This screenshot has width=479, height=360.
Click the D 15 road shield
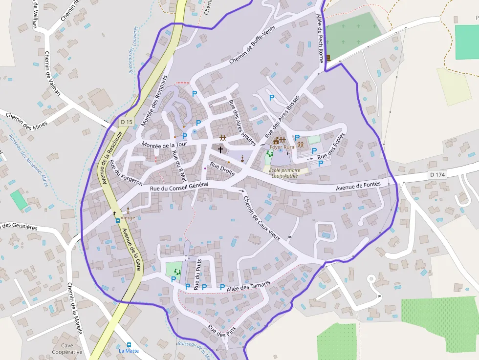pyautogui.click(x=126, y=122)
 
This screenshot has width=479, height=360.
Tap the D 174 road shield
pyautogui.click(x=438, y=174)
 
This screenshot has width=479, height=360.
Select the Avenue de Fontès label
pyautogui.click(x=358, y=187)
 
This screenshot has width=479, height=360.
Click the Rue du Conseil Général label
pyautogui.click(x=179, y=186)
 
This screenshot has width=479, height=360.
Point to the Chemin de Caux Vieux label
pyautogui.click(x=261, y=217)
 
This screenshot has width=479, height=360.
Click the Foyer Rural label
pyautogui.click(x=283, y=147)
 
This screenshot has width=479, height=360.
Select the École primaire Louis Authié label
pyautogui.click(x=285, y=173)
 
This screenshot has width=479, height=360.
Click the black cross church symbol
pyautogui.click(x=220, y=149)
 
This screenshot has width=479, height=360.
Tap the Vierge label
pyautogui.click(x=128, y=217)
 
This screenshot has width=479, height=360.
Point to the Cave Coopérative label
pyautogui.click(x=67, y=348)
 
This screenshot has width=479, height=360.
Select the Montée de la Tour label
pyautogui.click(x=165, y=144)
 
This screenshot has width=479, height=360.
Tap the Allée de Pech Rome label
pyautogui.click(x=320, y=38)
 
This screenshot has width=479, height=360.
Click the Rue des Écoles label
pyautogui.click(x=331, y=146)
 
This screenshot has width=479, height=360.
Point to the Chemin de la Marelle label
pyautogui.click(x=75, y=309)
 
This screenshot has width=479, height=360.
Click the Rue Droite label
pyautogui.click(x=222, y=169)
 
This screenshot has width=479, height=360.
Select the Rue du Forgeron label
pyautogui.click(x=126, y=173)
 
